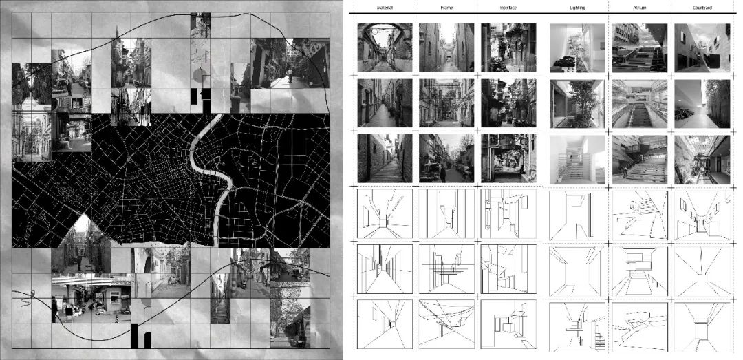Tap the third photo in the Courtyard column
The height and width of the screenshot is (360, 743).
tap(702, 158)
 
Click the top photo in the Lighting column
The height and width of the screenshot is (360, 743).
tap(577, 47)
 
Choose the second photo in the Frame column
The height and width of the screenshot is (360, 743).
tap(446, 103)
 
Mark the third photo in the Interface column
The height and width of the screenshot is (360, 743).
tap(508, 158)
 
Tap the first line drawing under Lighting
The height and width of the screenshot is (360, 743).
tap(577, 214)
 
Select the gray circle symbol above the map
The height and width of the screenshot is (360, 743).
tap(200, 73)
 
